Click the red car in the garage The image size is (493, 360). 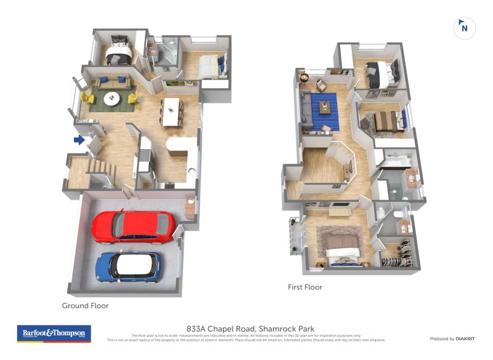pyautogui.click(x=133, y=227)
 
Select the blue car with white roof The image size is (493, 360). pyautogui.click(x=128, y=266)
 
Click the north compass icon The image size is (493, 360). pyautogui.click(x=463, y=28)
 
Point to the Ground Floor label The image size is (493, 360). pyautogui.click(x=85, y=305)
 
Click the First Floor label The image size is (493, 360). pyautogui.click(x=305, y=287)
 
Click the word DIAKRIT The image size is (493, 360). pyautogui.click(x=463, y=338)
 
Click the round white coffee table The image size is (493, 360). pyautogui.click(x=112, y=97)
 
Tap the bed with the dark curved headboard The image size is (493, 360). pyautogui.click(x=117, y=54)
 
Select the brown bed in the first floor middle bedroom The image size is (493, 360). pyautogui.click(x=386, y=119)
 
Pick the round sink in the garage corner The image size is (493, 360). pyautogui.click(x=190, y=200)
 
